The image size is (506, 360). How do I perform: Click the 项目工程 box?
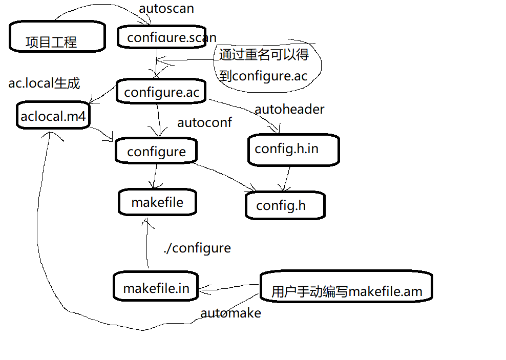[57, 37]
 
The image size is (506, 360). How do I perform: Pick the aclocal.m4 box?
[53, 116]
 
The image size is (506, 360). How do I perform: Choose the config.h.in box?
[293, 150]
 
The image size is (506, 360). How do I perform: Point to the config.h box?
[284, 205]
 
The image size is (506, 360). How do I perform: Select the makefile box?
[157, 202]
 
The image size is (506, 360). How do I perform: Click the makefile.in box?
[156, 288]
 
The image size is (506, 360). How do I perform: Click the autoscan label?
[166, 9]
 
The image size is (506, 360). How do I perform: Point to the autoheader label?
[289, 109]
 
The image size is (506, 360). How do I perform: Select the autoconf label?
[204, 123]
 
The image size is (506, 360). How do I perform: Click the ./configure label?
[197, 248]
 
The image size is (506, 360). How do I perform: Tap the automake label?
[230, 313]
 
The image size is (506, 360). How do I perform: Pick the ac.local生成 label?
[44, 83]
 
